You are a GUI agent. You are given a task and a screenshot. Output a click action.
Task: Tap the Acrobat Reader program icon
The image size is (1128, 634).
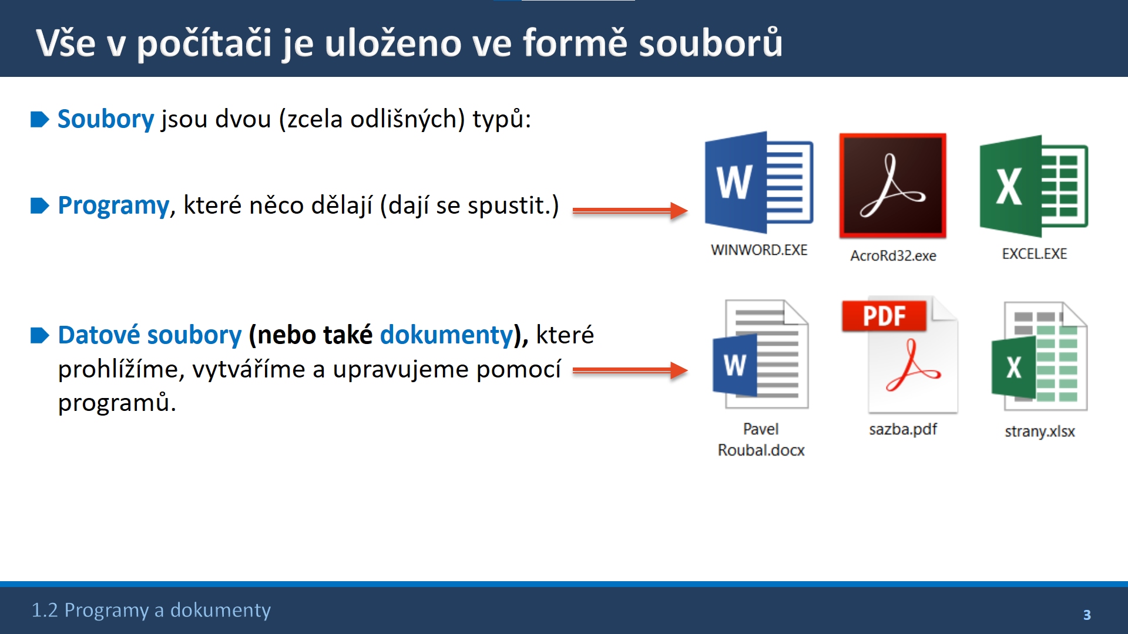pos(892,186)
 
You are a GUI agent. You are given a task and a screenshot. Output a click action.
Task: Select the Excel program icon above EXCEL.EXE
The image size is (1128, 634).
pos(1033,186)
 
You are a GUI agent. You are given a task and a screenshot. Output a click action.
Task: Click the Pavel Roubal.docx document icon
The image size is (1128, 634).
pos(760,354)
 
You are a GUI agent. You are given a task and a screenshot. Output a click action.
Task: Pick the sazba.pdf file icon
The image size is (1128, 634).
pos(899,355)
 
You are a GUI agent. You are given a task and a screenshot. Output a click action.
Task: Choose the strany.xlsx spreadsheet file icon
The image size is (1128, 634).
pos(1039,356)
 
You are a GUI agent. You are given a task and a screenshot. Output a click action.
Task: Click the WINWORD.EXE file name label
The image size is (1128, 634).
pos(759,250)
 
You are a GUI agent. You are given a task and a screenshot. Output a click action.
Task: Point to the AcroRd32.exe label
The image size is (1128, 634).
pos(893,256)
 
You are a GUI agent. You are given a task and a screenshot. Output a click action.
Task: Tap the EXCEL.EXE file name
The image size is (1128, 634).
pos(1034,254)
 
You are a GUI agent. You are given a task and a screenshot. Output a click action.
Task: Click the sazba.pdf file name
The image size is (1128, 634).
pos(903,429)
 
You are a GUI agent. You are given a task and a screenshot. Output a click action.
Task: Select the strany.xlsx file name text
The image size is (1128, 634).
pos(1039,431)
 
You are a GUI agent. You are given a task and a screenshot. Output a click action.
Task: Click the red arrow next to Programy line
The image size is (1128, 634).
pos(630,210)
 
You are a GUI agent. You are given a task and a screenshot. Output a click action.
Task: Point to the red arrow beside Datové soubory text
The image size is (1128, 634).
pos(630,370)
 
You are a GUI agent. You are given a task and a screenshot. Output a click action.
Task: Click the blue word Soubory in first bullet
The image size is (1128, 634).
pos(106,119)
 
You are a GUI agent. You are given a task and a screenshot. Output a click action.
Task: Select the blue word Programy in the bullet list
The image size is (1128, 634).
pos(113,205)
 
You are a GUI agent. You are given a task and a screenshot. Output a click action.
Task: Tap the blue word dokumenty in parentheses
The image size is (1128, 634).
pos(446,335)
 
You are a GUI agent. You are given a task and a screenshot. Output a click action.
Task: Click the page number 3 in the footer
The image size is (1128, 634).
pos(1087,615)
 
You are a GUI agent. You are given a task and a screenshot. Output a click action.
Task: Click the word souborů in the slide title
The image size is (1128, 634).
pos(710,43)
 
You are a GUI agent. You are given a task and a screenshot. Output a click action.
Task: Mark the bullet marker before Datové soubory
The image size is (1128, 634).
pos(39,335)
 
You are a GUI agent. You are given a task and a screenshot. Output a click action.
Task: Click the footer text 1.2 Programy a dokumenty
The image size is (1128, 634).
pos(151,610)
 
